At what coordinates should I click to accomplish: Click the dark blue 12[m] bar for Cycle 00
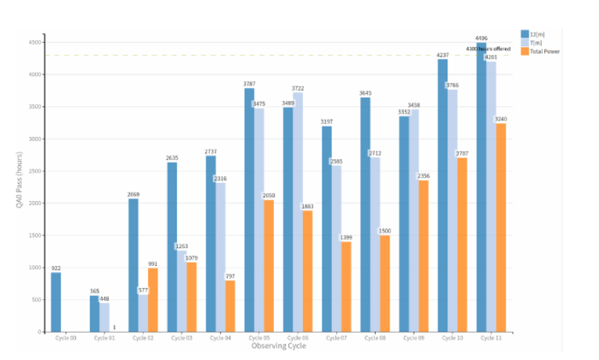pos(56,302)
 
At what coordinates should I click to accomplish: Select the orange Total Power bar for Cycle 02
pos(153,300)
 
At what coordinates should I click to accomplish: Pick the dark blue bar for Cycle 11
pos(482,187)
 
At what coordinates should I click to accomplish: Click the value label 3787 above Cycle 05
pos(250,84)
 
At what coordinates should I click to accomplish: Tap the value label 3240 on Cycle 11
pos(501,119)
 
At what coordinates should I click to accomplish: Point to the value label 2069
pos(133,195)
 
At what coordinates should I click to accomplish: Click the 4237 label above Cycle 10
pos(442,55)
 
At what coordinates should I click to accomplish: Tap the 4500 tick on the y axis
pos(33,42)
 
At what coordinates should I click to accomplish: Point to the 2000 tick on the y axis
pos(33,204)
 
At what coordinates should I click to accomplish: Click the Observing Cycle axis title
pos(278,346)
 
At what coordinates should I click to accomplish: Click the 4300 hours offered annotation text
pos(489,49)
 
